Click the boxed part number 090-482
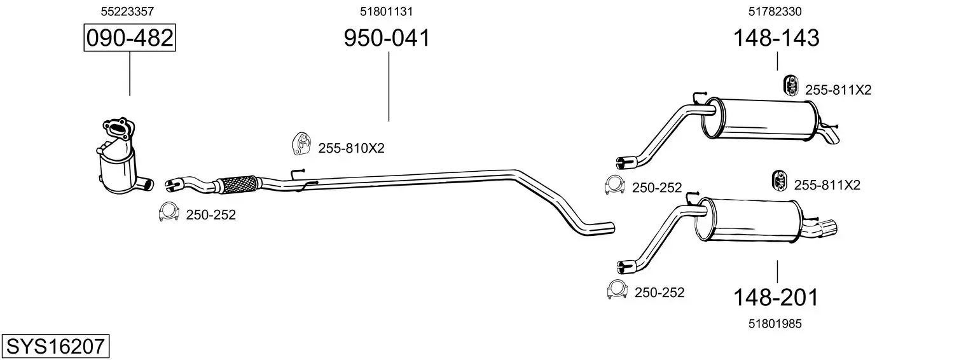click(x=130, y=38)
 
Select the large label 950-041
click(x=387, y=38)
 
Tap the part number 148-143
click(x=776, y=38)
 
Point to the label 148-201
click(x=776, y=298)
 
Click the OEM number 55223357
click(x=127, y=11)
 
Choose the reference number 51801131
click(x=386, y=11)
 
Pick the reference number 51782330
click(x=775, y=11)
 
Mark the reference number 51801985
click(x=775, y=324)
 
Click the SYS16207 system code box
click(x=55, y=346)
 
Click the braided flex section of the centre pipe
click(x=238, y=183)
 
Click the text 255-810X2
click(x=352, y=149)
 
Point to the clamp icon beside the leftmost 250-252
click(x=169, y=212)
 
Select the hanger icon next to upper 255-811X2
click(x=790, y=85)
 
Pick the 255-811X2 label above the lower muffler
click(x=827, y=186)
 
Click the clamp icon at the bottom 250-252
click(x=618, y=289)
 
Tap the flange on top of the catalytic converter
click(x=118, y=128)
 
